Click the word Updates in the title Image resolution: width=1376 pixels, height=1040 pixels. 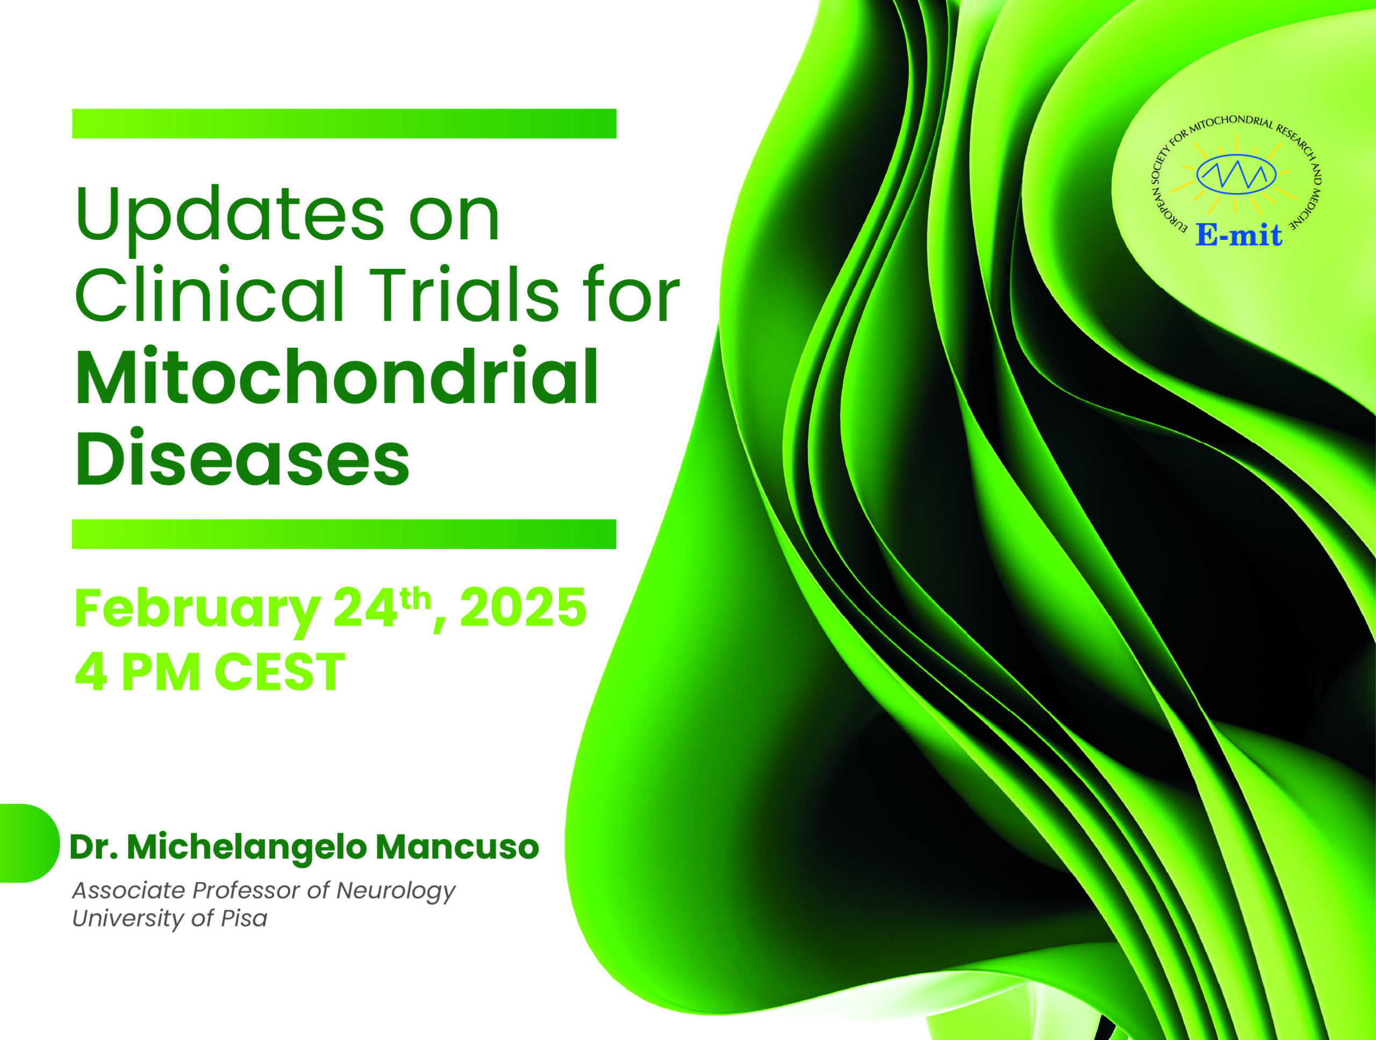click(230, 217)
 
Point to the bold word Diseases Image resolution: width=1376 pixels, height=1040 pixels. click(242, 457)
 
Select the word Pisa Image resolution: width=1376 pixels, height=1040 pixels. click(244, 918)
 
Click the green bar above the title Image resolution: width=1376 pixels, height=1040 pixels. click(344, 123)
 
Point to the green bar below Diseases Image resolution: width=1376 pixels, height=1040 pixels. click(344, 534)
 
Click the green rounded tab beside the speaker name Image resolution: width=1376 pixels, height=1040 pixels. click(28, 843)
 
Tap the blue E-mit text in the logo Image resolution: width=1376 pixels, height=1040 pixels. click(1238, 234)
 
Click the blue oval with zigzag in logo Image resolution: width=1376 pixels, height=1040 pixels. click(1236, 174)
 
